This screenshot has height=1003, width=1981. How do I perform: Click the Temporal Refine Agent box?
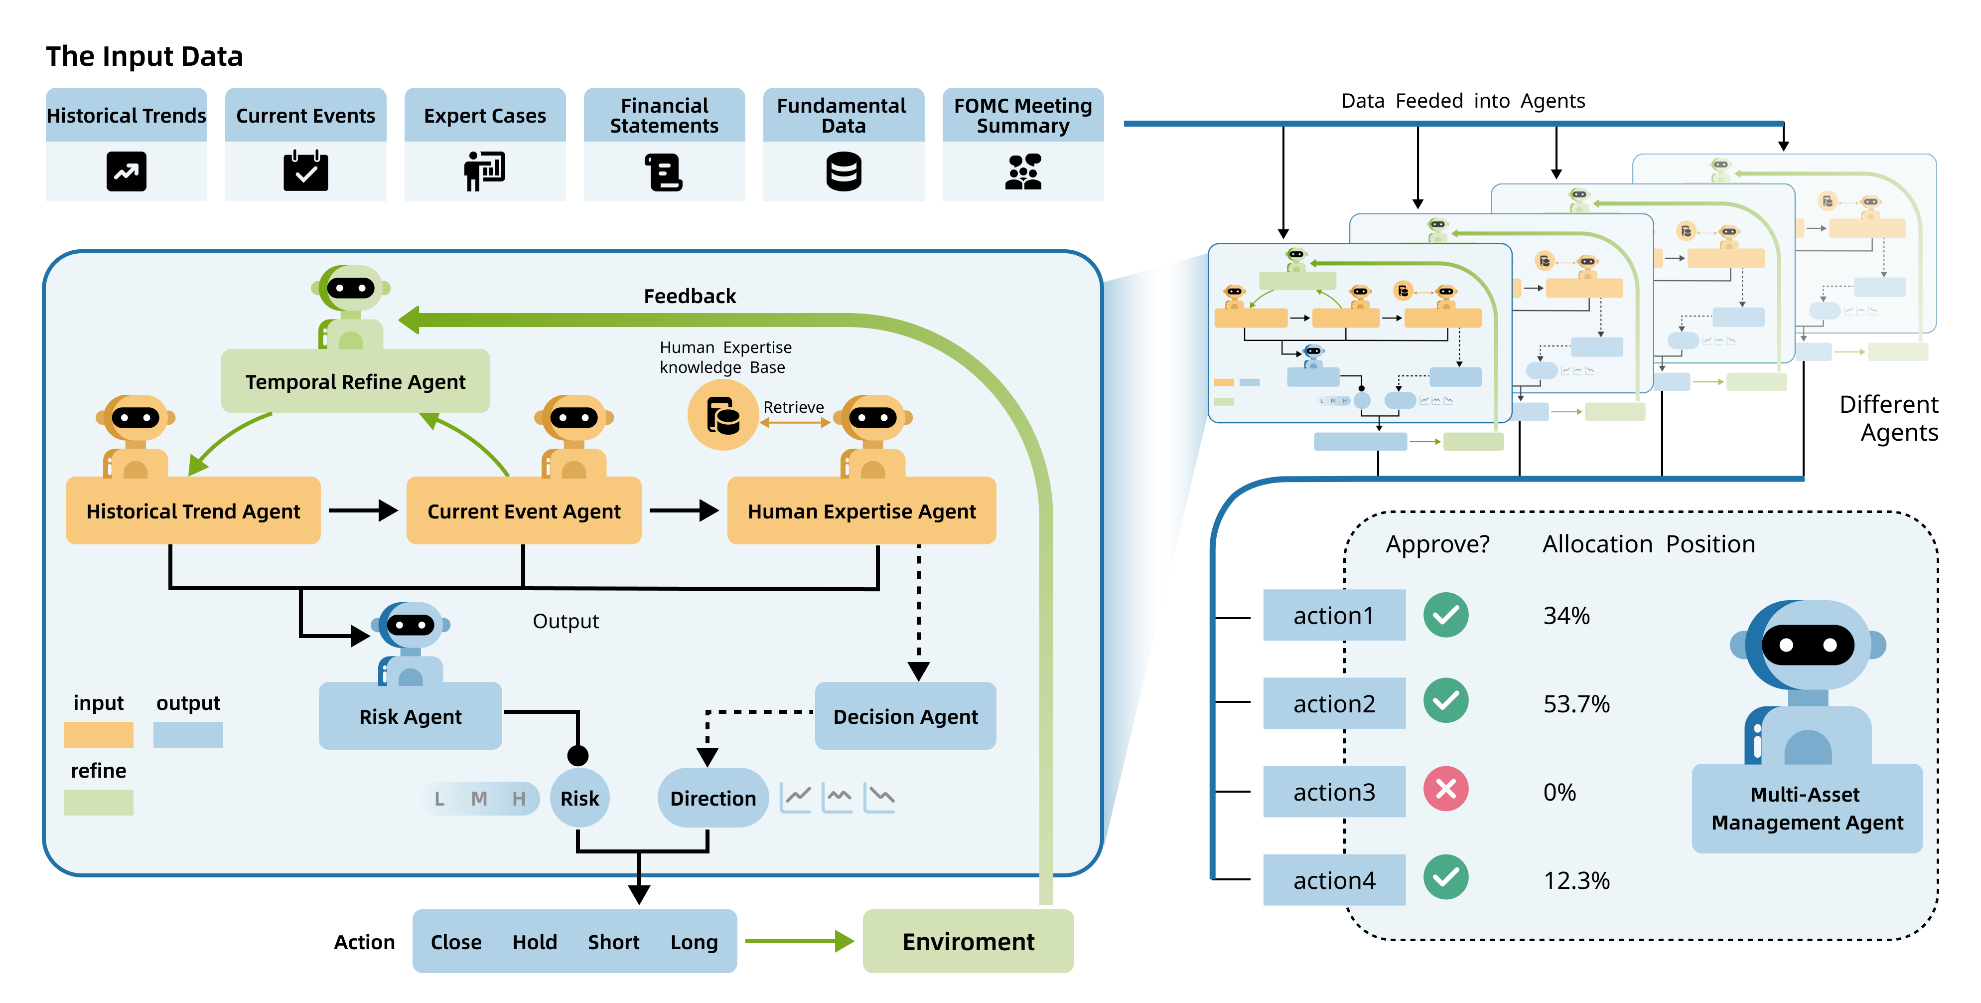(355, 381)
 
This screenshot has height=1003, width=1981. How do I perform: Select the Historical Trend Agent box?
(193, 511)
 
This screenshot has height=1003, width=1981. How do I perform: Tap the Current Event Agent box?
(524, 511)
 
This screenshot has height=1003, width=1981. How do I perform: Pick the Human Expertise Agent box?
(861, 511)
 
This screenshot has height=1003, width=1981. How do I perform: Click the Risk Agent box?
(410, 716)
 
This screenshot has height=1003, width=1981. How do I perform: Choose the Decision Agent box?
(905, 716)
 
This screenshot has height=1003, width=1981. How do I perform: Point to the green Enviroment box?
(968, 942)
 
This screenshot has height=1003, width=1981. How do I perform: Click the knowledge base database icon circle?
(722, 415)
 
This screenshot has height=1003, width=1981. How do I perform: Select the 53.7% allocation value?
(1576, 704)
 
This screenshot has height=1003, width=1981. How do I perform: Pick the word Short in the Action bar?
(614, 942)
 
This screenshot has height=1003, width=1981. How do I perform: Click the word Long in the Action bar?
(694, 942)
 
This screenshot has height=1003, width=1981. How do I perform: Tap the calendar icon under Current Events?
(305, 171)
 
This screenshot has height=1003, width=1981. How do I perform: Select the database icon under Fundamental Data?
(844, 171)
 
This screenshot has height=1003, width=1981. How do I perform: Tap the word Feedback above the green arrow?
(690, 296)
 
